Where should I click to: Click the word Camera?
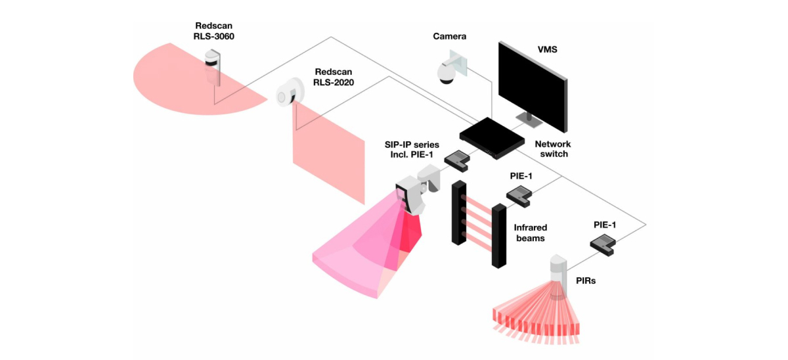coord(449,36)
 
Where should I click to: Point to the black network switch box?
coord(492,137)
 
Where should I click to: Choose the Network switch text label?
coord(552,148)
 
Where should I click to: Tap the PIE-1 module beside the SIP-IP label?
coord(456,157)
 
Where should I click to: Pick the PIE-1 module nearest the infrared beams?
coord(518,194)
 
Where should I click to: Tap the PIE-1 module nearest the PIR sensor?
coord(603,246)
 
